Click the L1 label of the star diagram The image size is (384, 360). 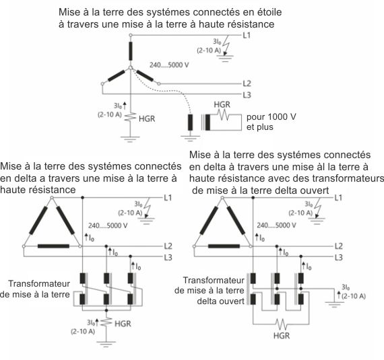coord(247,36)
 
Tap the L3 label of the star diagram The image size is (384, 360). coord(247,95)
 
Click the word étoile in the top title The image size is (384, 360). coord(269,12)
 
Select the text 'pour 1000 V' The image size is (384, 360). coord(271,116)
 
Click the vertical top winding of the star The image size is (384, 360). coord(131,51)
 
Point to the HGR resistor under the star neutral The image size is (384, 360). coord(131,116)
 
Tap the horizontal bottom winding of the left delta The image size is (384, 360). coord(53,246)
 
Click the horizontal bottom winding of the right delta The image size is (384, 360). coord(224,246)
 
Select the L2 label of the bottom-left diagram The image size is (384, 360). coord(168,246)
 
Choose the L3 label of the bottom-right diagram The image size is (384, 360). coord(338,258)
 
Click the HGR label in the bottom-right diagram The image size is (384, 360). coord(282,336)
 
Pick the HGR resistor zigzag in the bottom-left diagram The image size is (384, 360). coord(106,322)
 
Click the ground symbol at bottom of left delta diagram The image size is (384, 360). coord(106,344)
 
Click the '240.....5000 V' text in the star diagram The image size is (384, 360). coord(169,65)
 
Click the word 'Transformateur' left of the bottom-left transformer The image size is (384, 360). coord(39,284)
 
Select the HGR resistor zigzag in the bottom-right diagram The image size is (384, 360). coord(281,324)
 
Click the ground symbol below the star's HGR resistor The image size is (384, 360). coord(130,139)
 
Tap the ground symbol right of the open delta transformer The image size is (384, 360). coord(334,305)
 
